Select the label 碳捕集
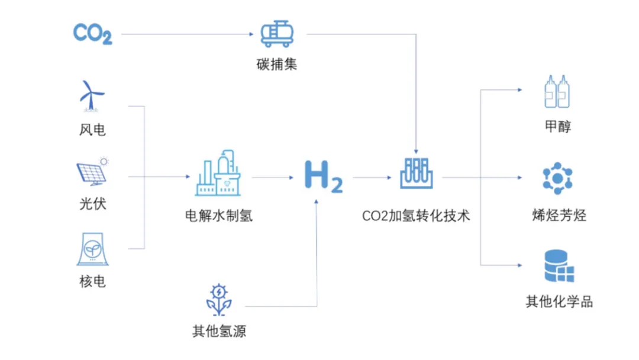click(277, 64)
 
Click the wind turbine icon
click(92, 95)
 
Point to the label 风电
click(92, 129)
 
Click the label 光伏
click(92, 204)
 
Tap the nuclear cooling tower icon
click(92, 249)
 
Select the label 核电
click(92, 280)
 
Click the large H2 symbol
click(323, 176)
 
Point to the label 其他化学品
click(559, 301)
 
